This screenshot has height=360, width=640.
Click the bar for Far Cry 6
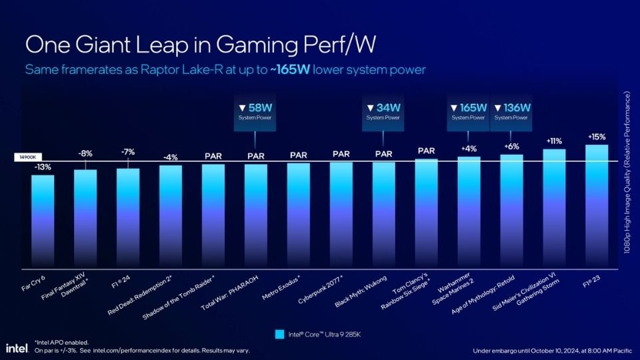[43, 220]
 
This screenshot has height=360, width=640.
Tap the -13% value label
[43, 167]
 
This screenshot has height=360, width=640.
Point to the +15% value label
[597, 137]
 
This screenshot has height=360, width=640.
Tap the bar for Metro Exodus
[298, 213]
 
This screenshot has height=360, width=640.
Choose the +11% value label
[553, 141]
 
